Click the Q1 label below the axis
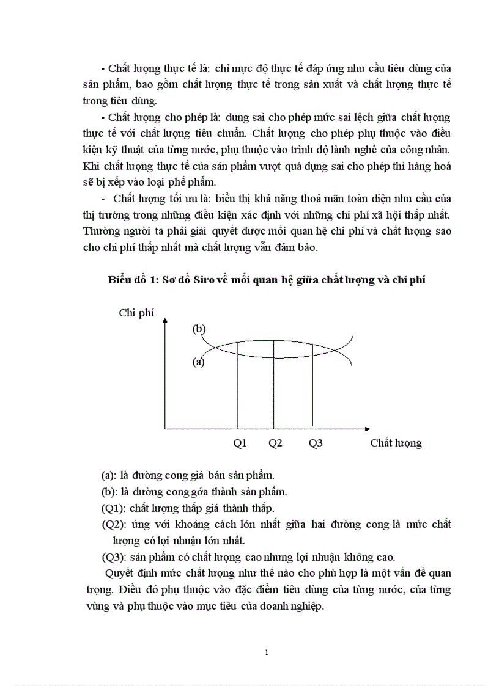[x=240, y=443]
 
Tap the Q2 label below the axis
[x=275, y=443]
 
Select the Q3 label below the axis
[x=316, y=443]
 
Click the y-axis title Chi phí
[x=136, y=313]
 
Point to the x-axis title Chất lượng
[x=396, y=443]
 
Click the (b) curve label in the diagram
[x=199, y=329]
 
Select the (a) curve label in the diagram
[x=198, y=362]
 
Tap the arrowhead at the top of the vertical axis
[x=165, y=324]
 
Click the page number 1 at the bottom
[x=267, y=652]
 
